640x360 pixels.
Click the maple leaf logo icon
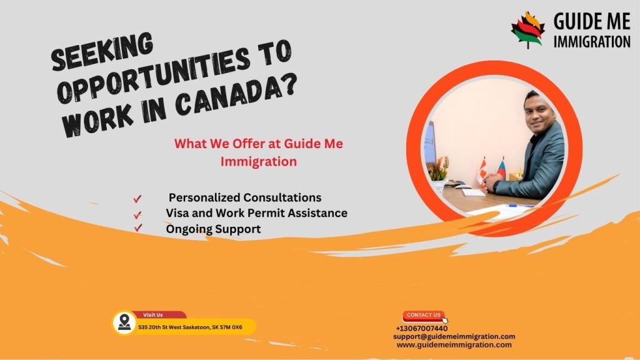pyautogui.click(x=527, y=29)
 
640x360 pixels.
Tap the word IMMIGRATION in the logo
pyautogui.click(x=591, y=42)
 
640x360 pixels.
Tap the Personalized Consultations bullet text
pyautogui.click(x=244, y=197)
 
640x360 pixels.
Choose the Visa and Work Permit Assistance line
pyautogui.click(x=256, y=213)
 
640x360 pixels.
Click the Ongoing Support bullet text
pyautogui.click(x=213, y=229)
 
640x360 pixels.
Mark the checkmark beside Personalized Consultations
pyautogui.click(x=137, y=199)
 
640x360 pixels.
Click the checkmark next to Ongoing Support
pyautogui.click(x=137, y=229)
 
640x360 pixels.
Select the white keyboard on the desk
pyautogui.click(x=473, y=192)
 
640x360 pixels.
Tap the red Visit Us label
pyautogui.click(x=152, y=315)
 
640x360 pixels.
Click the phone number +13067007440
pyautogui.click(x=421, y=328)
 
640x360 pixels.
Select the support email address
pyautogui.click(x=454, y=336)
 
